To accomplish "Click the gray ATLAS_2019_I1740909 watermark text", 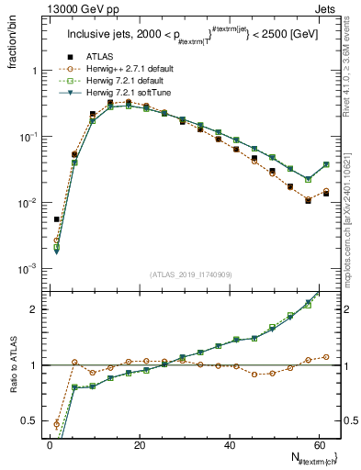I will point(192,274).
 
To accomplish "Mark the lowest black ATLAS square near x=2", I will point(57,219).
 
